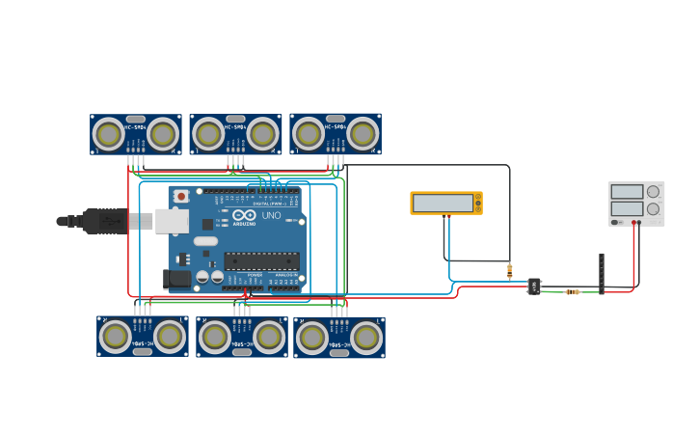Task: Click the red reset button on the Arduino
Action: tap(181, 197)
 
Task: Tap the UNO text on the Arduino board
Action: tap(272, 216)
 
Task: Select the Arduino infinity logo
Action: tap(244, 215)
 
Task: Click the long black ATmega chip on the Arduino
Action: tap(261, 260)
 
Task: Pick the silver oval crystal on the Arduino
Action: tap(205, 241)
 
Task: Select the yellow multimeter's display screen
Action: tap(443, 203)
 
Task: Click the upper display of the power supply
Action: tap(627, 192)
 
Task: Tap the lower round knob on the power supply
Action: tap(653, 208)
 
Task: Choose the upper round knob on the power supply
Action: tap(653, 191)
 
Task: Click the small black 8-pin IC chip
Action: tap(533, 286)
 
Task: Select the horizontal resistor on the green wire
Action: tap(572, 291)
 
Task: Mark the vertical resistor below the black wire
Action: tap(509, 271)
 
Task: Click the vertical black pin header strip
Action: tap(601, 273)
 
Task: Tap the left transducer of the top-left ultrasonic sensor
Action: tap(108, 133)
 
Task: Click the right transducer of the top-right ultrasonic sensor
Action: tap(363, 133)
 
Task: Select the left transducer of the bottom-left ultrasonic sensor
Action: tap(116, 337)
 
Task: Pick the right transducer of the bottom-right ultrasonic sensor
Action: tap(365, 338)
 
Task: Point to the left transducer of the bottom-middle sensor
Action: tap(215, 338)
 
